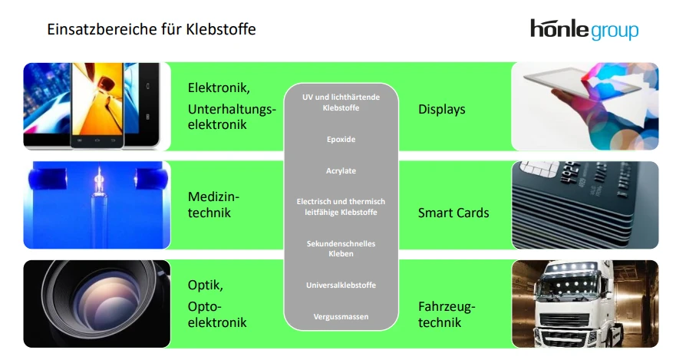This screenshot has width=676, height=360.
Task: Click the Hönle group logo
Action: (584, 29)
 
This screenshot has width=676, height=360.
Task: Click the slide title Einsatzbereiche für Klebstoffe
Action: (151, 30)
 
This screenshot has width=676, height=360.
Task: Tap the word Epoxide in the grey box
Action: (341, 140)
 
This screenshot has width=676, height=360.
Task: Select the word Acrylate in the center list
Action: (341, 170)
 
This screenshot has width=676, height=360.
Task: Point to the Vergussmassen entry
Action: (341, 316)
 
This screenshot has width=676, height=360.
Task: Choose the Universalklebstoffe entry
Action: (341, 286)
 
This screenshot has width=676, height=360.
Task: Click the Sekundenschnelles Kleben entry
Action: (341, 248)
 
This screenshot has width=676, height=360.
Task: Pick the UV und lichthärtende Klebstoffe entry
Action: (341, 102)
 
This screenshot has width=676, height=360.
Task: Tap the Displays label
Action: (441, 110)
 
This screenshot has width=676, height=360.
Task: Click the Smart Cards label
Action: (453, 213)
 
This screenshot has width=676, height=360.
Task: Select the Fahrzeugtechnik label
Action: (447, 315)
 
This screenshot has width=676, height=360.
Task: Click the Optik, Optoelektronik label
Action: (217, 304)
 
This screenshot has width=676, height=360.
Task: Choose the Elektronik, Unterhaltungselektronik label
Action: (231, 106)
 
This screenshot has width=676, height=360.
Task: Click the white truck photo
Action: (585, 305)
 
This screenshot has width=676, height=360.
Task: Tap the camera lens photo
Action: (97, 305)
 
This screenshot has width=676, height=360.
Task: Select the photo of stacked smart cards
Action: (585, 205)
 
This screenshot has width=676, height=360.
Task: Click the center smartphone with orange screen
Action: (97, 105)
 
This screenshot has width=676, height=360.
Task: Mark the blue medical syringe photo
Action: (97, 205)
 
